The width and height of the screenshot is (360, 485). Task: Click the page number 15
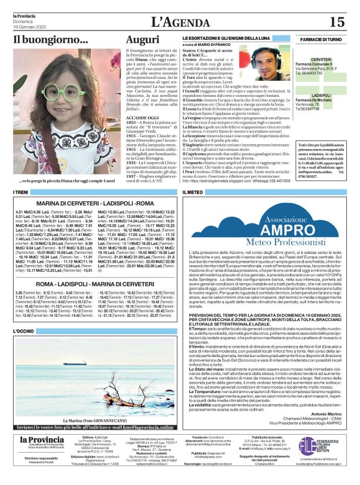tap(336, 22)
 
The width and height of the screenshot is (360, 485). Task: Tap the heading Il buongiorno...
tap(51, 40)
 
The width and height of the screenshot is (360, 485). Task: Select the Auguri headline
tap(142, 40)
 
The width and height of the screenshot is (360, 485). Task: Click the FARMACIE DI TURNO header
tap(321, 39)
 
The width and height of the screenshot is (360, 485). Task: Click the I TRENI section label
tap(21, 193)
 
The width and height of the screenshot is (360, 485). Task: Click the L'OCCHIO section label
tap(25, 332)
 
